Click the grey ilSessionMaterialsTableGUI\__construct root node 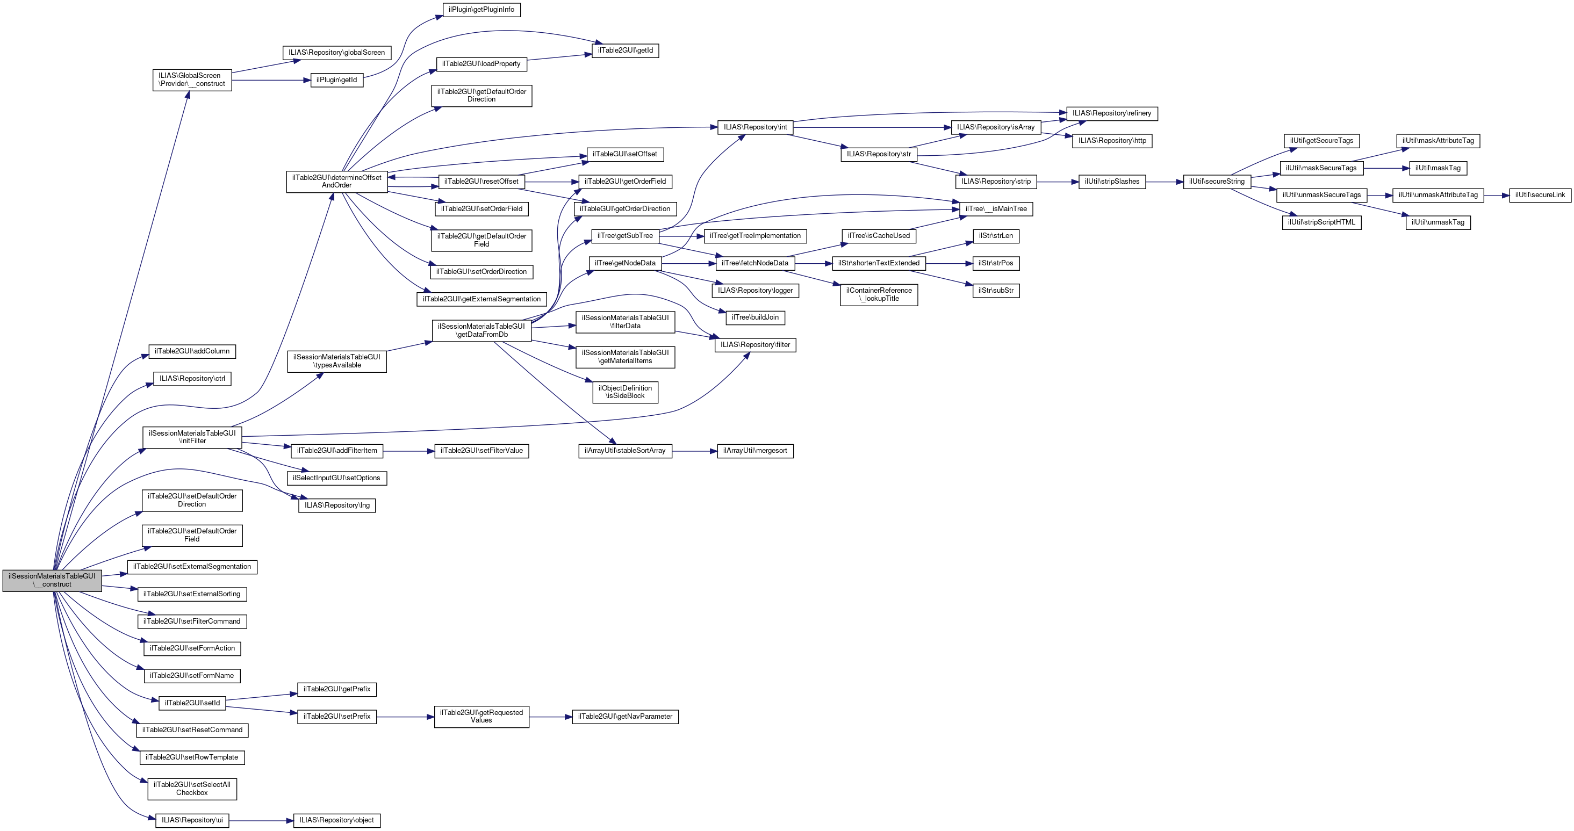(52, 581)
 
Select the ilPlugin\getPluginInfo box (481, 10)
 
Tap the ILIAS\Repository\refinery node (1111, 113)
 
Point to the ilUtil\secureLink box (1540, 196)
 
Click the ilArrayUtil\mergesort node (755, 451)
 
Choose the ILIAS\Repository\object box (337, 821)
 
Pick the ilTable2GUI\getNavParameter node (625, 717)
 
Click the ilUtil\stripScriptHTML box (1321, 223)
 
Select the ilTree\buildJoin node (755, 318)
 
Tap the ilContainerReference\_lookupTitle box (879, 295)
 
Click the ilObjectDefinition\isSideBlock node (625, 393)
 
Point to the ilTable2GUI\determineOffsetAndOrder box (337, 182)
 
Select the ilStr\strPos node (995, 264)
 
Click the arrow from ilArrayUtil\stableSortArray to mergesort (694, 451)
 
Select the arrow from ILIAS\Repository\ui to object (261, 821)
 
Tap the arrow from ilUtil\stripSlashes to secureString (1164, 182)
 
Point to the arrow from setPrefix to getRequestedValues (405, 717)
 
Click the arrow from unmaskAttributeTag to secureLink (1497, 196)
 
